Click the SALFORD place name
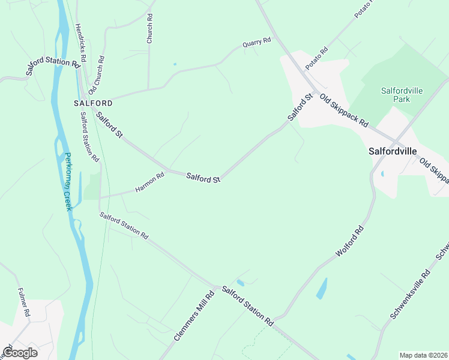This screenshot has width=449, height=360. pos(93,103)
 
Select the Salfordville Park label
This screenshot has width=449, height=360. pos(403,95)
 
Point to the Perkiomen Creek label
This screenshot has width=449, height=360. pos(68,181)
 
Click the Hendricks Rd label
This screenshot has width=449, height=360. pos(80,43)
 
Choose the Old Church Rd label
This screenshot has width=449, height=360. pos(97,76)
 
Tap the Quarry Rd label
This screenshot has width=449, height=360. pos(257,43)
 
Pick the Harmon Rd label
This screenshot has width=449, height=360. pos(149,183)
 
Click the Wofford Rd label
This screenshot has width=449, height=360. pos(349,241)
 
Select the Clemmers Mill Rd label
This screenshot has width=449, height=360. pos(194,316)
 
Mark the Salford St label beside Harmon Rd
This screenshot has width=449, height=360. pos(203,177)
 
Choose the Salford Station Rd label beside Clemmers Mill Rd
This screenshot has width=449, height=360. pos(247,306)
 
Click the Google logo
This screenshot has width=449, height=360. pos(20,353)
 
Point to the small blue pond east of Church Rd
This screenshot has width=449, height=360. pos(175,64)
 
